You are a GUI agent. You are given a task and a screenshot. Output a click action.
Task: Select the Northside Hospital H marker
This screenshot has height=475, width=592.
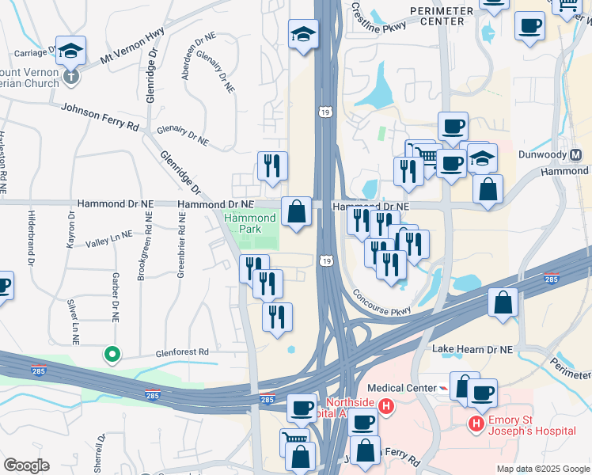pyautogui.click(x=385, y=408)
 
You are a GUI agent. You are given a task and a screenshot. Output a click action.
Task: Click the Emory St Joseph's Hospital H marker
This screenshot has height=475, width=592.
pyautogui.click(x=476, y=424)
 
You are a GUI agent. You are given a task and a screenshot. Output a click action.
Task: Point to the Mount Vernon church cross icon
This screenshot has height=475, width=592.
pyautogui.click(x=71, y=78)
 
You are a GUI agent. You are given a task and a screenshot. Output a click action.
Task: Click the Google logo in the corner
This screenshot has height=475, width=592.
pyautogui.click(x=26, y=465)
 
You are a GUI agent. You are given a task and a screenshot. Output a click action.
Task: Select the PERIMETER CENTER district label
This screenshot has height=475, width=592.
pyautogui.click(x=442, y=16)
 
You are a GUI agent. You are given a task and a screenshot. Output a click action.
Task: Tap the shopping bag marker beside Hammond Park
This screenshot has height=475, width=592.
pyautogui.click(x=296, y=211)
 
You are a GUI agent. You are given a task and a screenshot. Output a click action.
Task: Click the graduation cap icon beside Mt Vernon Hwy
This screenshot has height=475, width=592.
pyautogui.click(x=70, y=51)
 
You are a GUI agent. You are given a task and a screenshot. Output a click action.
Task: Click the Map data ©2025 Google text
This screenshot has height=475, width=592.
pyautogui.click(x=542, y=469)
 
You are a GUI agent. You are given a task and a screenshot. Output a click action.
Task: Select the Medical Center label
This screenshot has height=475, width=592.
pyautogui.click(x=413, y=388)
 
